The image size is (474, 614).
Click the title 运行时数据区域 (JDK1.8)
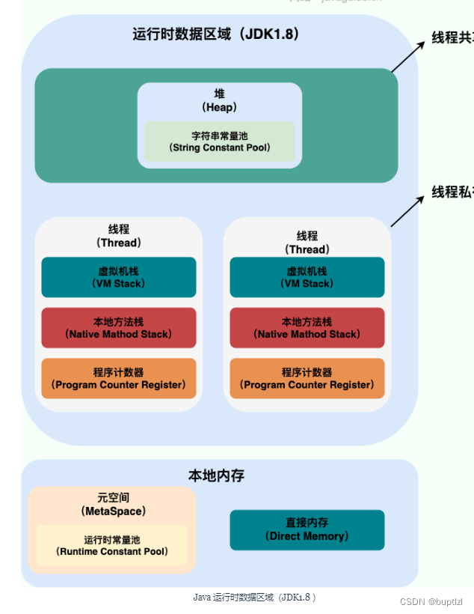pos(216,34)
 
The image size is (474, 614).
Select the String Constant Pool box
pos(220,142)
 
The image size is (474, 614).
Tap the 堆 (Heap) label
pos(220,100)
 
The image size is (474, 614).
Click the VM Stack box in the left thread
pos(119,277)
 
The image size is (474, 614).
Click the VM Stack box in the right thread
pos(307,277)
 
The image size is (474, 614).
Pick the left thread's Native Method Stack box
pos(119,328)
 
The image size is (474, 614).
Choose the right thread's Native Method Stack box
pos(307,328)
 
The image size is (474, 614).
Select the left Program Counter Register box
pos(119,378)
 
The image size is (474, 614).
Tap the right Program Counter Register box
pos(307,378)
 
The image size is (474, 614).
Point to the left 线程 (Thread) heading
pos(119,235)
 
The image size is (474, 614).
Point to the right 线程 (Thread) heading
pos(307,242)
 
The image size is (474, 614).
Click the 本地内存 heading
pos(216,475)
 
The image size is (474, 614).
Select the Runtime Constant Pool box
pos(112,545)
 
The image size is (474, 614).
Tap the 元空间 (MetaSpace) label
pos(113,503)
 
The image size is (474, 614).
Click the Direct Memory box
pos(307,529)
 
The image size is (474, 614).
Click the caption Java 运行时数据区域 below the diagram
pos(254,597)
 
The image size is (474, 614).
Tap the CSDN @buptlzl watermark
pos(431,601)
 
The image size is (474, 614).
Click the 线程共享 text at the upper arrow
pos(452,37)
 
